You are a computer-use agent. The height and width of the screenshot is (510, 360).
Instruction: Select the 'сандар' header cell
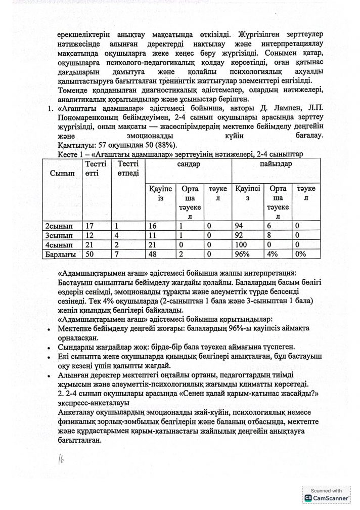(x=188, y=165)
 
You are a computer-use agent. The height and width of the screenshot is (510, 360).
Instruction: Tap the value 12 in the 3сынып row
(x=91, y=235)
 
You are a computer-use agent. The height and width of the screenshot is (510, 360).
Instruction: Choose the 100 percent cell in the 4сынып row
(x=243, y=244)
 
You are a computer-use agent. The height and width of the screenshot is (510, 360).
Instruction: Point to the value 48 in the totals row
(x=154, y=253)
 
